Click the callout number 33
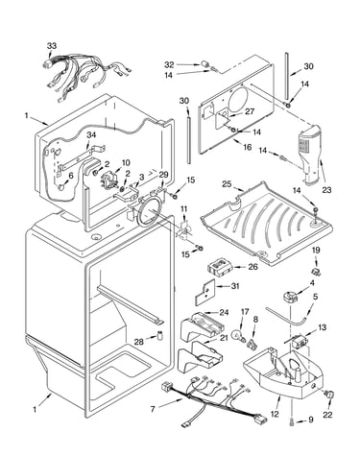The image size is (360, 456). [x=52, y=45]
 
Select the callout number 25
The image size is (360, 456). [x=227, y=183]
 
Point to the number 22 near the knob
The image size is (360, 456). [x=327, y=415]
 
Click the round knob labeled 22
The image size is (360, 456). [x=328, y=395]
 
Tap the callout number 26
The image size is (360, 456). [x=252, y=266]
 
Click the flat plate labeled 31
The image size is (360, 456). [x=204, y=292]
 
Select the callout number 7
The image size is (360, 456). [x=153, y=409]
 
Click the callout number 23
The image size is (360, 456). [x=326, y=190]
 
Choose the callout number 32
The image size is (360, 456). [x=169, y=65]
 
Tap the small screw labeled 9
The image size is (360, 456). [x=292, y=422]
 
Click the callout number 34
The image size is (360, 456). [x=91, y=135]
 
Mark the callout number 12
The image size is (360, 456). [x=275, y=414]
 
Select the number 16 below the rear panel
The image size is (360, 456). [x=248, y=147]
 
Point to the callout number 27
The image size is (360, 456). [x=250, y=111]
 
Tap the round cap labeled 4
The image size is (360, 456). [x=291, y=297]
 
